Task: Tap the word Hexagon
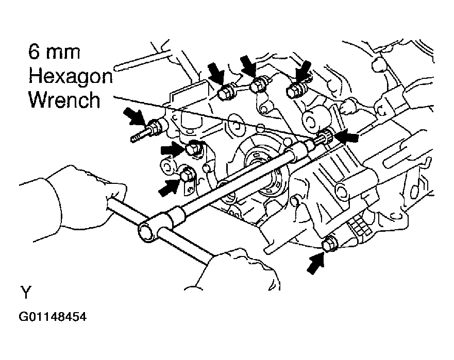point(70,77)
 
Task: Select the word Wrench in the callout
point(64,100)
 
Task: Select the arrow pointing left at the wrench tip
point(345,136)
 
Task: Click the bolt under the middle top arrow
point(257,87)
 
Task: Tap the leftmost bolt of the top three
point(225,94)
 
